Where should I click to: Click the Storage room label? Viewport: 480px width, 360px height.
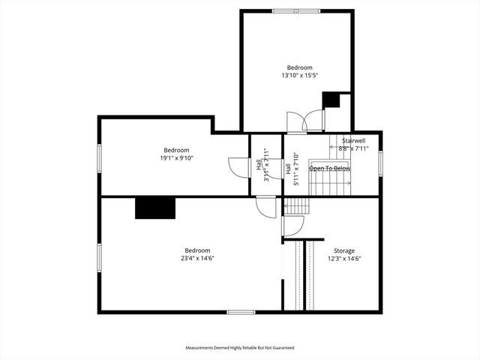coord(344,250)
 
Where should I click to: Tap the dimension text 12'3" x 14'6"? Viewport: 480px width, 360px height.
coord(344,259)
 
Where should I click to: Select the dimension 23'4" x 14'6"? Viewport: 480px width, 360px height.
coord(198,259)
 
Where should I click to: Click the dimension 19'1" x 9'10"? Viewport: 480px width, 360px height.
coord(177,157)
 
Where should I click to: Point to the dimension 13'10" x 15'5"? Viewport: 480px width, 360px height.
coord(299,76)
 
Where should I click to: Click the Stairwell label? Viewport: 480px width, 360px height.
coord(353,141)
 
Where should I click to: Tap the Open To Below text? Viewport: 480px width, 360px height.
coord(330,168)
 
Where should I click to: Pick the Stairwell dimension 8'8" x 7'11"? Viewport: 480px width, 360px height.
coord(354,148)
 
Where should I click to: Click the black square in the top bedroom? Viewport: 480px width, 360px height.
coord(331,100)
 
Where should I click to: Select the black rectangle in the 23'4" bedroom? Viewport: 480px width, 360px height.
coord(154,208)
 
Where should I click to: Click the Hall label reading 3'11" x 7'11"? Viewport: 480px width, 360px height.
coord(262,165)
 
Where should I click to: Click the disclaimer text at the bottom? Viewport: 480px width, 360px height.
coord(240,348)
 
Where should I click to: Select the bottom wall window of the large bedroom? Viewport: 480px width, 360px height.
coord(241,312)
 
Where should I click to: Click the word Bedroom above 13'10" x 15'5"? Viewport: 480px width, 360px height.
coord(299,67)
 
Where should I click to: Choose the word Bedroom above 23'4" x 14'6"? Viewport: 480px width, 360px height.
coord(198,250)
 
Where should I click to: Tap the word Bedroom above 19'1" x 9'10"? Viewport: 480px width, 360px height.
coord(177,149)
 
